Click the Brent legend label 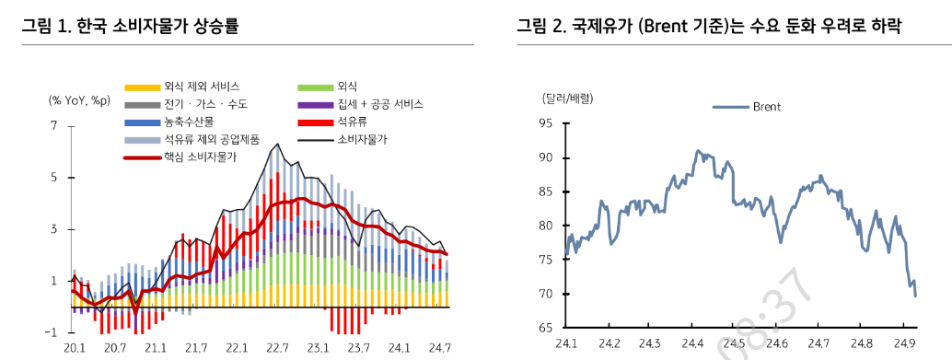tap(766, 107)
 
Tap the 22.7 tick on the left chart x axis tap(277, 348)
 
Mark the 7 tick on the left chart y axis tap(54, 125)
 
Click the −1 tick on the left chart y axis tap(52, 331)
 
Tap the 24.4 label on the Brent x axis tap(692, 344)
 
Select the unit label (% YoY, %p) tap(80, 100)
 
